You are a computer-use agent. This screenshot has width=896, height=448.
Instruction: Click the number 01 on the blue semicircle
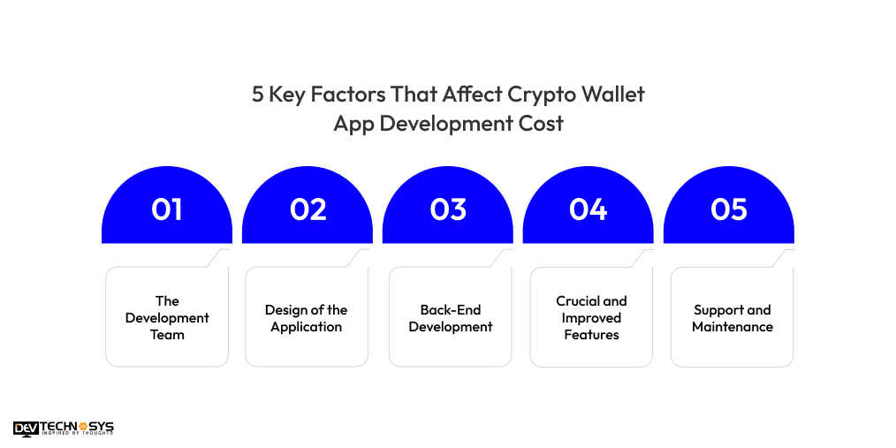coord(167,209)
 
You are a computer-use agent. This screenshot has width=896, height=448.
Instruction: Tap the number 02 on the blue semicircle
coord(308,209)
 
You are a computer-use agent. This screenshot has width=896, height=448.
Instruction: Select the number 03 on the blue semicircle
coord(448,209)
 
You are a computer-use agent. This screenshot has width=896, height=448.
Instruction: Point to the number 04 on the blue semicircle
coord(588,209)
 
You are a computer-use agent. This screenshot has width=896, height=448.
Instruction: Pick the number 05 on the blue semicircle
coord(729,209)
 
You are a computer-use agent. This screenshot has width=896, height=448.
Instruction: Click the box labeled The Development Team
coord(167,317)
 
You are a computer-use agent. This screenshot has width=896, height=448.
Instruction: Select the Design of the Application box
coord(307,317)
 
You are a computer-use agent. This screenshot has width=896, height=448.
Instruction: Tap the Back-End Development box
coord(450,317)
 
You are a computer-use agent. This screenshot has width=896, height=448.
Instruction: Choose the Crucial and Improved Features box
coord(591,317)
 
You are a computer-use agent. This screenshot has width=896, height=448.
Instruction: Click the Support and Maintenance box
coord(732,317)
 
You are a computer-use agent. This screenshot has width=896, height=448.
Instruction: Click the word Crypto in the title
coord(536,95)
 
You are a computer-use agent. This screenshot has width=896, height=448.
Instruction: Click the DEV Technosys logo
coord(64,429)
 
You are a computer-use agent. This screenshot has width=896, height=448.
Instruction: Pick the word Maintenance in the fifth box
coord(733,327)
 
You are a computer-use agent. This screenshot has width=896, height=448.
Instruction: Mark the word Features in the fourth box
coord(591,335)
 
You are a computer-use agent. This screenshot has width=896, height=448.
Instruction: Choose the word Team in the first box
coord(167,335)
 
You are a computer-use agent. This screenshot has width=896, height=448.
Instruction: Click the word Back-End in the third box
coord(450,310)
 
